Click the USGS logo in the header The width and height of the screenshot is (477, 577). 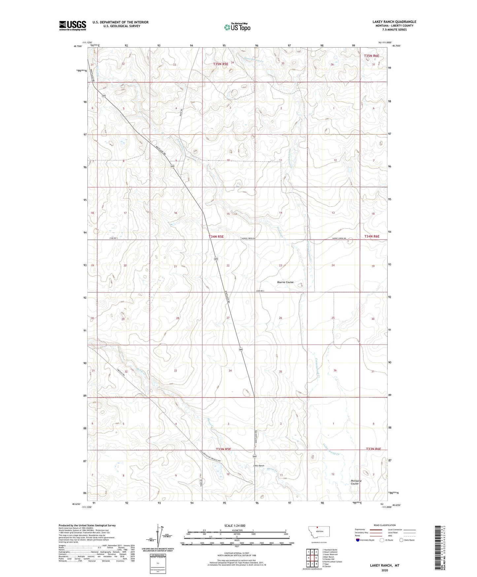coord(72,25)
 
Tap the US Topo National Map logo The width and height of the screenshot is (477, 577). coord(237,27)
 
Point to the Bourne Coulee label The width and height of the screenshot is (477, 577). coord(285,282)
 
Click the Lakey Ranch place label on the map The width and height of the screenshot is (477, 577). coord(258,466)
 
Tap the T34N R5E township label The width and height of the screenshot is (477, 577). coord(216,237)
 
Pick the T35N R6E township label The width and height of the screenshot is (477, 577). coord(371,56)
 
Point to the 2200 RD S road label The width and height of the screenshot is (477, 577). coord(260,291)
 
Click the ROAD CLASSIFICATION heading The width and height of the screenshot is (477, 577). coord(385,525)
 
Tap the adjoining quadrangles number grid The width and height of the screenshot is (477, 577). coord(312,558)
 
